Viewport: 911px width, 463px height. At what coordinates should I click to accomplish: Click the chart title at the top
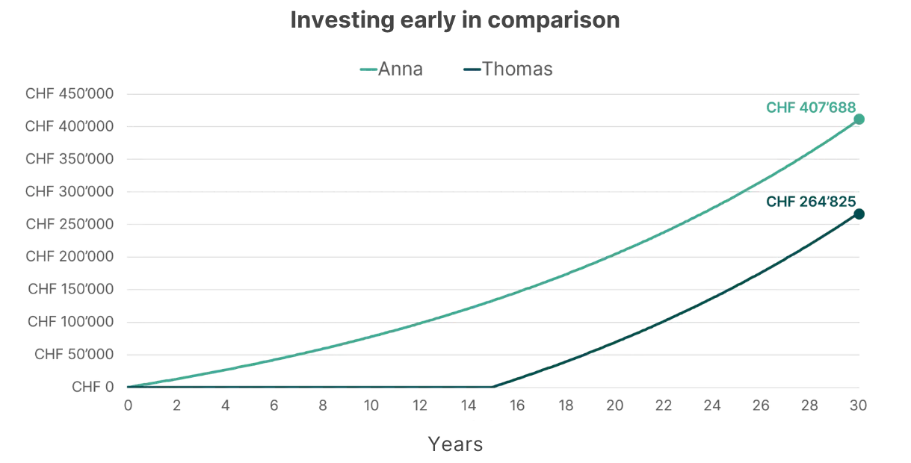coord(454,20)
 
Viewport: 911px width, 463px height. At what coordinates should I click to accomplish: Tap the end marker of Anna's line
coord(859,118)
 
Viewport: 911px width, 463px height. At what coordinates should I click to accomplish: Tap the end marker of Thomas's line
coord(859,214)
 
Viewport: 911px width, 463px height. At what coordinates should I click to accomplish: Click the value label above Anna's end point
coord(810,108)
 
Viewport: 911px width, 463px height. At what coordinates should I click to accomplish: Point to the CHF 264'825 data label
coord(810,201)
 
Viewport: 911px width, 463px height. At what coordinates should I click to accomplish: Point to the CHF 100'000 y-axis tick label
coord(70,321)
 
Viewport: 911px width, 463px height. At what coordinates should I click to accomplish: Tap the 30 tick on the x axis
coord(859,405)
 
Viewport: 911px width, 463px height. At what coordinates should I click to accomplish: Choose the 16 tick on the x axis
coord(517,405)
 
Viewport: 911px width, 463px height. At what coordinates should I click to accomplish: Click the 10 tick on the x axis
coord(371,405)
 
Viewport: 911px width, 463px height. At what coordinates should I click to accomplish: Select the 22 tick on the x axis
coord(664,405)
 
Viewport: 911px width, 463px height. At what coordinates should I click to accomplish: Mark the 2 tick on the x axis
coord(177,405)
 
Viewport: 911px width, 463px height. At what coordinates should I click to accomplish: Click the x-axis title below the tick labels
coord(456,446)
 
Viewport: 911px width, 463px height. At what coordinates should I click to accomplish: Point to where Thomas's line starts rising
coord(494,386)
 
